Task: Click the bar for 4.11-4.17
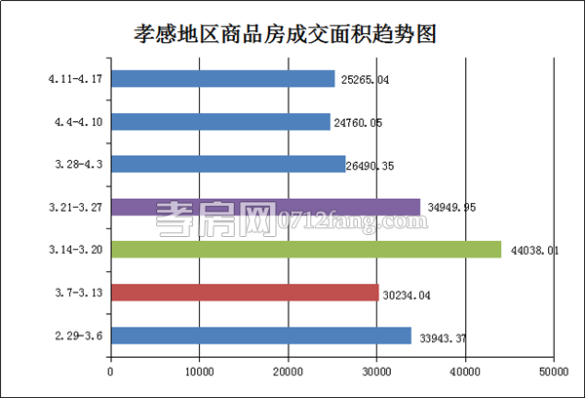[x=222, y=79]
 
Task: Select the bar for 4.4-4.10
[x=220, y=122]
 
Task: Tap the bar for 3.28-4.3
[x=228, y=164]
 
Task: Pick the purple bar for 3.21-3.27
[x=265, y=207]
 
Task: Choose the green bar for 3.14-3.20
[x=305, y=250]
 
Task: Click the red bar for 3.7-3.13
[x=245, y=292]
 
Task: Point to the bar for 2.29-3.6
[x=261, y=336]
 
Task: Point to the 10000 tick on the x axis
[x=200, y=371]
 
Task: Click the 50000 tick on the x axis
[x=554, y=371]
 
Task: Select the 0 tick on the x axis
[x=111, y=371]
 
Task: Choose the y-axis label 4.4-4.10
[x=80, y=122]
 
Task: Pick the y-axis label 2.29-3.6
[x=81, y=336]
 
